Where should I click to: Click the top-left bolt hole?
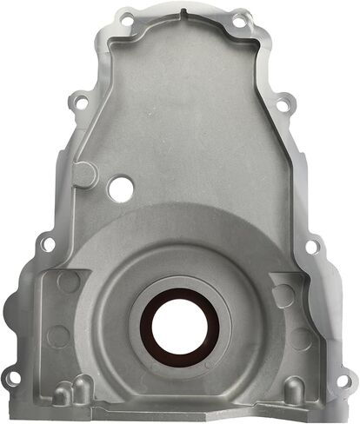[x=128, y=18]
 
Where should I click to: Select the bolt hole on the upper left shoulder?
[x=79, y=103]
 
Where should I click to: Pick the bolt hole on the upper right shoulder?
[x=282, y=106]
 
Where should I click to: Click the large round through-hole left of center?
[x=119, y=186]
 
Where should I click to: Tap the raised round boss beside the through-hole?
[x=85, y=174]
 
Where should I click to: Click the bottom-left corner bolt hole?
[x=12, y=380]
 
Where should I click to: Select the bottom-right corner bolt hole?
[x=347, y=381]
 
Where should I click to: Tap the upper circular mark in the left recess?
[x=67, y=283]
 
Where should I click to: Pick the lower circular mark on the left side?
[x=59, y=335]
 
